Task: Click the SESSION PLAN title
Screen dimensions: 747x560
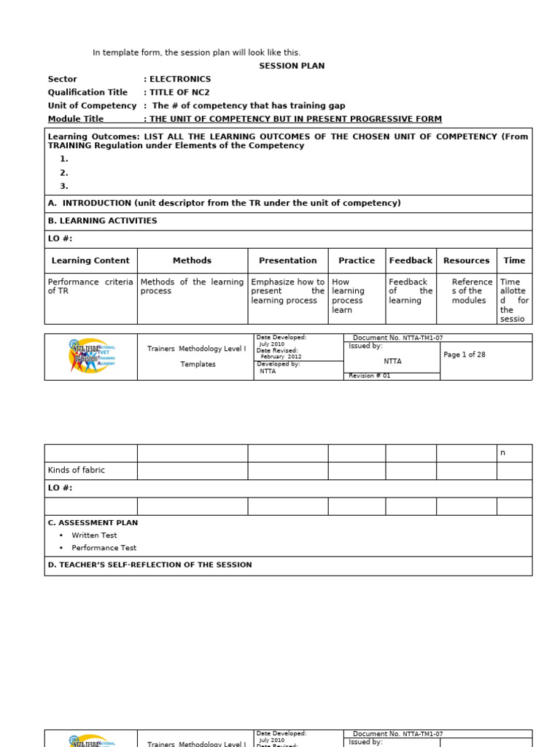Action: click(x=292, y=66)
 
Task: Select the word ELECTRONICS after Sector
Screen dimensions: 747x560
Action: click(x=180, y=79)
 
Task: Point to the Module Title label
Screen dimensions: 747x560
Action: click(x=76, y=119)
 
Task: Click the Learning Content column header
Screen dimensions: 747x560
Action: click(x=90, y=260)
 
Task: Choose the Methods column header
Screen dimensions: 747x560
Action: click(x=192, y=260)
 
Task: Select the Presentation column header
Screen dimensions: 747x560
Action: click(x=287, y=260)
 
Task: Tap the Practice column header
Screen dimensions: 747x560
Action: click(x=357, y=260)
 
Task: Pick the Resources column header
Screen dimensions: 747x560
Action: click(x=466, y=260)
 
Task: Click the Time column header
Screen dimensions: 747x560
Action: click(x=514, y=260)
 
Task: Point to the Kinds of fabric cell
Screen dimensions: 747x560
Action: click(x=77, y=471)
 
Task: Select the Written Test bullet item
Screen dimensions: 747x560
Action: click(x=94, y=535)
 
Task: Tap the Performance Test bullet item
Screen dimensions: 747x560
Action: click(x=104, y=548)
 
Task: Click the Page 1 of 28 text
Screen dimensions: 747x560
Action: click(x=464, y=355)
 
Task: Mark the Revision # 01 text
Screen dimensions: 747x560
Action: click(x=370, y=376)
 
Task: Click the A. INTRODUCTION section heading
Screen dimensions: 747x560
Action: click(x=224, y=204)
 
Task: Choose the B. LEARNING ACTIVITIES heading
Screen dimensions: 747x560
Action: click(x=102, y=221)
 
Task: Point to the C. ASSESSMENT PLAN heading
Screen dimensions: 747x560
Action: click(x=93, y=523)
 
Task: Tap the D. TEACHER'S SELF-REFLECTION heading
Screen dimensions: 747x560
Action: click(x=149, y=565)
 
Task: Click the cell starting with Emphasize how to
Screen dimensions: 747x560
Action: click(x=287, y=291)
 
